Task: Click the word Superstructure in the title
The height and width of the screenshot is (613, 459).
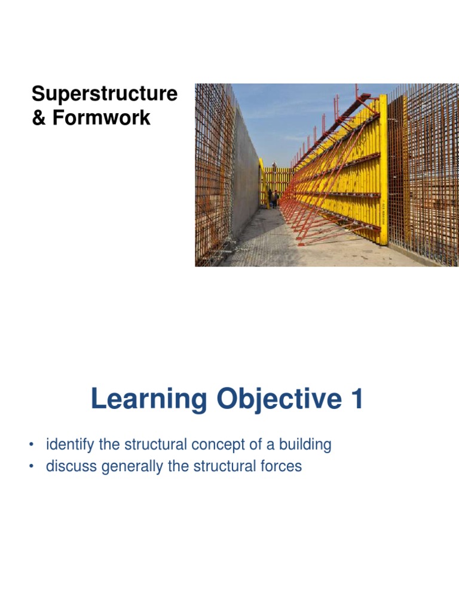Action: [x=105, y=95]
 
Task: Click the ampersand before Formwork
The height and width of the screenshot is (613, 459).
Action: [x=39, y=118]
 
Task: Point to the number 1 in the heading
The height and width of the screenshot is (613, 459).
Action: [x=357, y=400]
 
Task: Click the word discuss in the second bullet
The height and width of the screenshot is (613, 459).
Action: [x=69, y=466]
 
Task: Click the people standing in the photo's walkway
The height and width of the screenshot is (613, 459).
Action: [x=273, y=198]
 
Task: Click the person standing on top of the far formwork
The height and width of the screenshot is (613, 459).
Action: [x=274, y=165]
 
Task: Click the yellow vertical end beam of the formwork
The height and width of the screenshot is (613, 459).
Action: [x=383, y=171]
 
